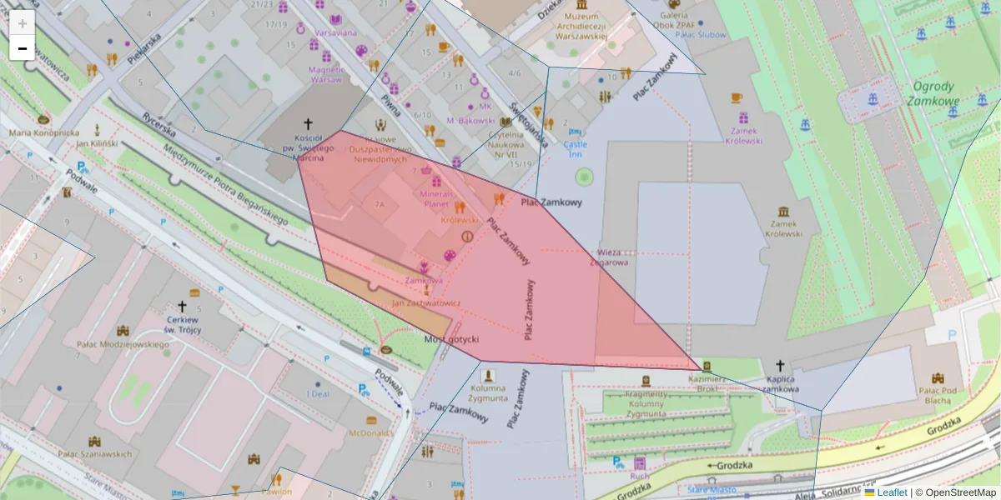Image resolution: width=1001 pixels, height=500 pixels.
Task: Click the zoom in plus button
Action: click(x=23, y=23)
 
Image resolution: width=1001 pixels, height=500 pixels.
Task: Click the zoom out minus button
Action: click(x=23, y=48)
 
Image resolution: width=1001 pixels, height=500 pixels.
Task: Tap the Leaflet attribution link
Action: click(x=892, y=492)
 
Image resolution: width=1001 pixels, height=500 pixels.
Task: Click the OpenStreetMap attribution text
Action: click(x=960, y=492)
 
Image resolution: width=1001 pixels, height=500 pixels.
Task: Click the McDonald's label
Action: click(x=371, y=433)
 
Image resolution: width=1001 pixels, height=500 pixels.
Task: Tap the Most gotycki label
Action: click(x=451, y=339)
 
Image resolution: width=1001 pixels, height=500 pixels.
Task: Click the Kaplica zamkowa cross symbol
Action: click(x=781, y=366)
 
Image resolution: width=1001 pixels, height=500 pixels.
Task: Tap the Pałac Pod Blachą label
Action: click(x=935, y=395)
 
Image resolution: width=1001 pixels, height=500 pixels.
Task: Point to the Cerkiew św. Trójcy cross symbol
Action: click(x=182, y=307)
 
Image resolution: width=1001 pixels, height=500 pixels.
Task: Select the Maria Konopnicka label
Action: click(x=44, y=132)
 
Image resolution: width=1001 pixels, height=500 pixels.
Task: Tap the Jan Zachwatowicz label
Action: click(x=425, y=303)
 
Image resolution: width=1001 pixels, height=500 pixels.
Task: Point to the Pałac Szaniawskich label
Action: click(x=94, y=454)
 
